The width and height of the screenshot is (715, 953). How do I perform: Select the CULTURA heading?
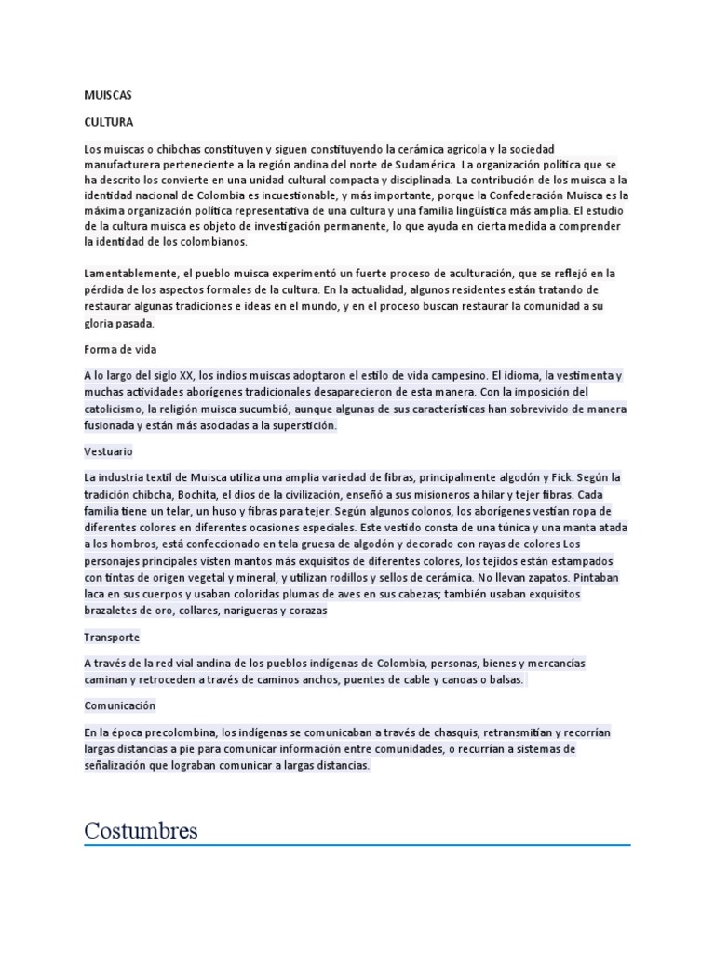108,122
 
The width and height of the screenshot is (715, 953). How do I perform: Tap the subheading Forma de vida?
120,349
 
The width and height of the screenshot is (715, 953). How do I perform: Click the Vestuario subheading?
108,451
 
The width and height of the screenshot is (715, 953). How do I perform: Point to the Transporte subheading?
112,638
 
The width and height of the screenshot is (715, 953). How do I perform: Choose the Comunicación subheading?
119,705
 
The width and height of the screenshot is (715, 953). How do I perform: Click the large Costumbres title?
141,830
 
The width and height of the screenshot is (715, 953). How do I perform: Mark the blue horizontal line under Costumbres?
357,845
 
